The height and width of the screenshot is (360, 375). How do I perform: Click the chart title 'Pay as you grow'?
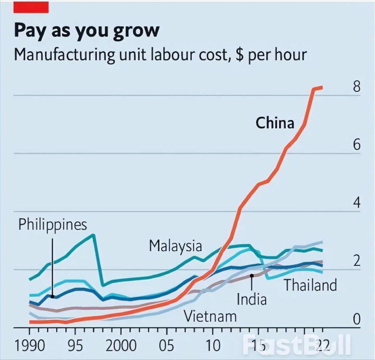(87, 30)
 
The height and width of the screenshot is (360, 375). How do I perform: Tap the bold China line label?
(275, 123)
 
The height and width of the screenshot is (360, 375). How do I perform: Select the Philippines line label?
(53, 225)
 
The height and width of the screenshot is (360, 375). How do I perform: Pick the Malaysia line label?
(175, 245)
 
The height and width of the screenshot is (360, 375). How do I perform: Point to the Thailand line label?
(310, 285)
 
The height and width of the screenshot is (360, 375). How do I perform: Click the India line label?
(251, 299)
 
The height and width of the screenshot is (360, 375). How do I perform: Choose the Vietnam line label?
(210, 316)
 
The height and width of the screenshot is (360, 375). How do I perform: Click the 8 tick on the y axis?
(356, 87)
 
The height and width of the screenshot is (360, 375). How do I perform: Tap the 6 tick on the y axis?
(356, 145)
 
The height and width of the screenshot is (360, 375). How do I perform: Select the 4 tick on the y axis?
(356, 202)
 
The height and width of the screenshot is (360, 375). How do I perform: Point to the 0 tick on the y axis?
(356, 318)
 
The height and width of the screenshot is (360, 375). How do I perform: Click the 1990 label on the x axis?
(29, 345)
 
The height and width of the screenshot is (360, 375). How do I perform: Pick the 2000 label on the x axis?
(120, 345)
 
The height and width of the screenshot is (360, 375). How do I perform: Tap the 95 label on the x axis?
(76, 345)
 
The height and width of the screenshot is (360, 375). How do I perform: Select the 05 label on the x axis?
(166, 345)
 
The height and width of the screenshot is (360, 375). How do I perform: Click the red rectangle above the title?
(31, 7)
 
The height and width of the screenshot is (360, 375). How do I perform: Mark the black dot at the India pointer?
(251, 275)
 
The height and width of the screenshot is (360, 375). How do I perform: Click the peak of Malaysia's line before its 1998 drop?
(93, 235)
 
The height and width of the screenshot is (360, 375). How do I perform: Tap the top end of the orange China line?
(322, 87)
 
